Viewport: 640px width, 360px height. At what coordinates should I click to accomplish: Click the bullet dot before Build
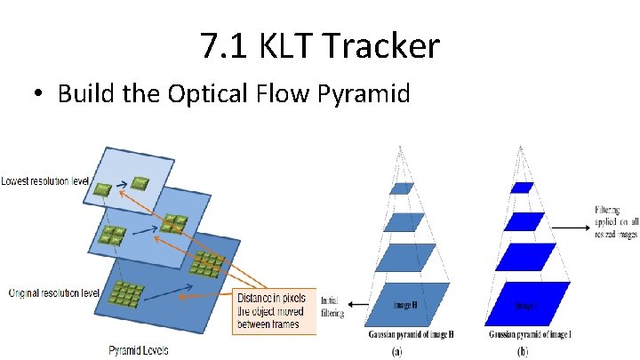41,94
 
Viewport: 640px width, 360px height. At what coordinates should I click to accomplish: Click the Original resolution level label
46,292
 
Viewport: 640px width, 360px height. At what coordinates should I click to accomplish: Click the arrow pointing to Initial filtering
357,305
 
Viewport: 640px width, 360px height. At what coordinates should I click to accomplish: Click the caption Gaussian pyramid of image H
408,334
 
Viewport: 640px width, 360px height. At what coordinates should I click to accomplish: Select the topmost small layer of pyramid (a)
402,188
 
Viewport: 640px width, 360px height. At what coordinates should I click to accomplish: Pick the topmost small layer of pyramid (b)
522,188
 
